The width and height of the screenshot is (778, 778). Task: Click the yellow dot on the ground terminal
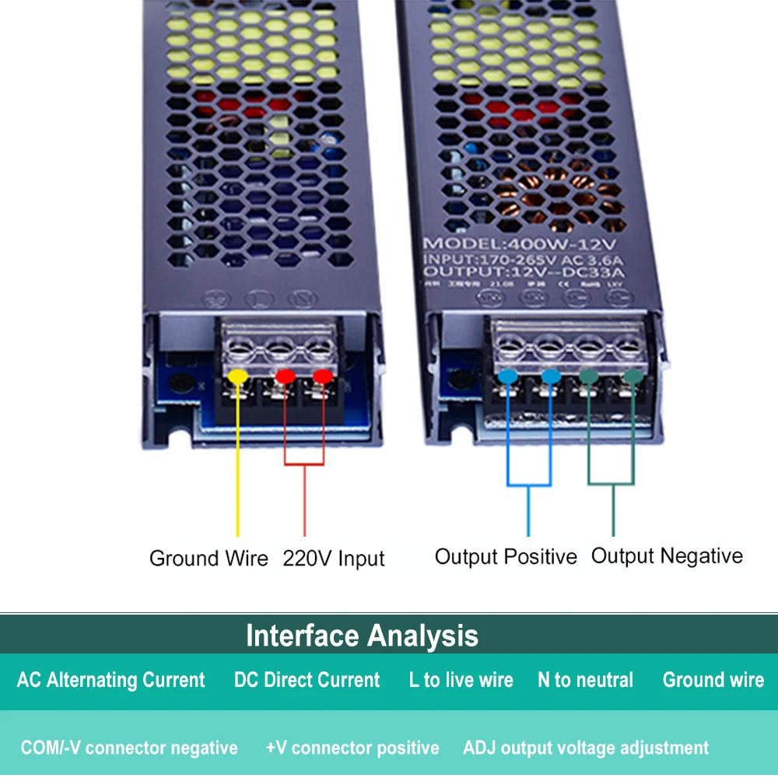point(237,377)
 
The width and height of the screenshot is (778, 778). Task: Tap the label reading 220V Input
point(333,559)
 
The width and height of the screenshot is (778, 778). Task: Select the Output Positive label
point(506,557)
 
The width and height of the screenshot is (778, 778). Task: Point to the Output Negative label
point(667,556)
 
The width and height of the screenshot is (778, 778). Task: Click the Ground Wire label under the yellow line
point(209,559)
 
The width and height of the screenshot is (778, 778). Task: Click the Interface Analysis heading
point(362,636)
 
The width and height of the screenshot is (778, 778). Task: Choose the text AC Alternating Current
point(111,680)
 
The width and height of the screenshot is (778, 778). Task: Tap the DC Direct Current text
point(307,680)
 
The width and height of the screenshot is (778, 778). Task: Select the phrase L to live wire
point(461,680)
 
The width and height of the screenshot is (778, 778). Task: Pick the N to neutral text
point(585,680)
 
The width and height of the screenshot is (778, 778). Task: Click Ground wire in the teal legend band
point(713,680)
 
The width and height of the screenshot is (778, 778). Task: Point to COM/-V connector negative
point(129,748)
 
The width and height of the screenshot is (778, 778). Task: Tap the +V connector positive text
point(352,748)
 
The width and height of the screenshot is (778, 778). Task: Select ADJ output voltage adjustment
point(586,748)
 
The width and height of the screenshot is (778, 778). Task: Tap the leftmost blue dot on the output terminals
point(508,377)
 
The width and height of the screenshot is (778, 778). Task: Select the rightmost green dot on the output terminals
point(633,377)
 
